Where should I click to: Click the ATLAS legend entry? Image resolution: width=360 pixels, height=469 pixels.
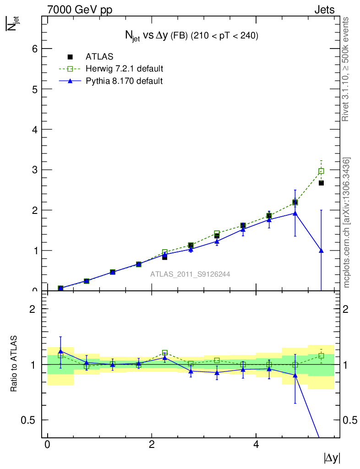coord(99,57)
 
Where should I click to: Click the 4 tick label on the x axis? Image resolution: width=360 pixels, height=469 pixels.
coord(256,445)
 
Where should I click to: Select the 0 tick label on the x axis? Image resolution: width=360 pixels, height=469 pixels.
coord(47,445)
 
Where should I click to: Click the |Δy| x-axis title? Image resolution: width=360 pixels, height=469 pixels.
coord(332,458)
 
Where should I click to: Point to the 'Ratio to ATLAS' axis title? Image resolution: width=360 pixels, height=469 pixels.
coord(14,364)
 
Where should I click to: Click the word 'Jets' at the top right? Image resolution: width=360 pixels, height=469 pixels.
coord(324,10)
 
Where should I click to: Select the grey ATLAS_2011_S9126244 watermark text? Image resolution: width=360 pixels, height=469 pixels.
coord(190,274)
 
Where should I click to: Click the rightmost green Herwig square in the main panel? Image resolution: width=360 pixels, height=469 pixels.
coord(321,171)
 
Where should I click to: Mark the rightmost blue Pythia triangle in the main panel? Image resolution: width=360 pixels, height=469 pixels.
coord(321,251)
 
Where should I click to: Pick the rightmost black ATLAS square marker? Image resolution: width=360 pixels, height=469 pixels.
coord(321,183)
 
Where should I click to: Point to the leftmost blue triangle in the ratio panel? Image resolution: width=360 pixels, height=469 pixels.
coord(60,351)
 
